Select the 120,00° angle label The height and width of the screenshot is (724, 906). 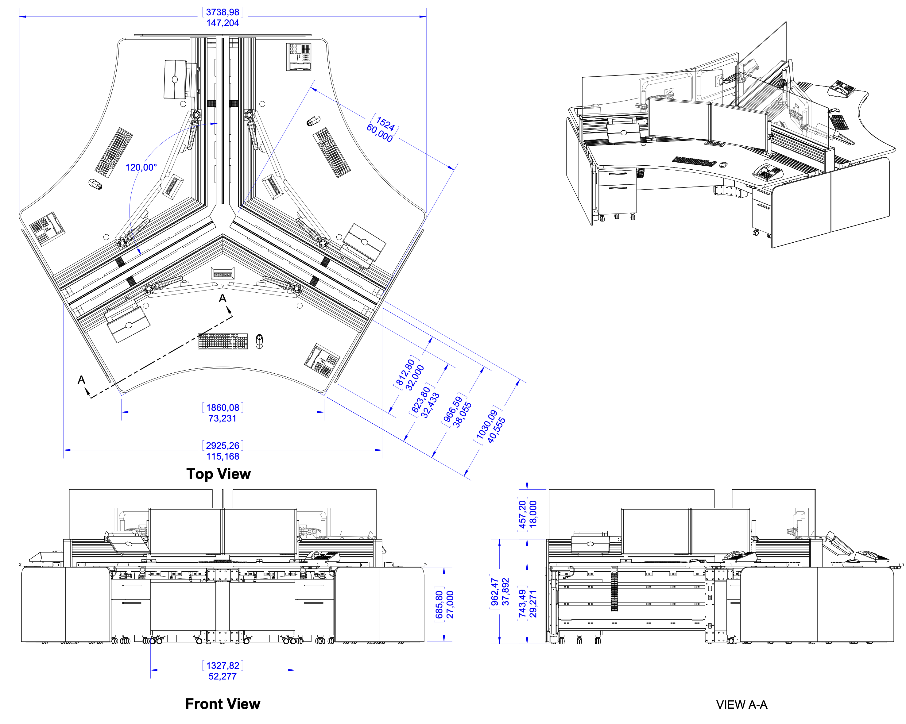pos(141,168)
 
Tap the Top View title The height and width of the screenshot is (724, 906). pos(219,474)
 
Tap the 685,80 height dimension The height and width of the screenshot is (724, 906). pos(439,605)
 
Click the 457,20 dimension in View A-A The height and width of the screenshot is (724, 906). pos(522,514)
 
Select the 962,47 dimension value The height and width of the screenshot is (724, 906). pos(495,592)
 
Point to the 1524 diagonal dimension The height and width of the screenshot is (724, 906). pos(385,124)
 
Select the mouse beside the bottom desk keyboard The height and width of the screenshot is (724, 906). pos(259,341)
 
